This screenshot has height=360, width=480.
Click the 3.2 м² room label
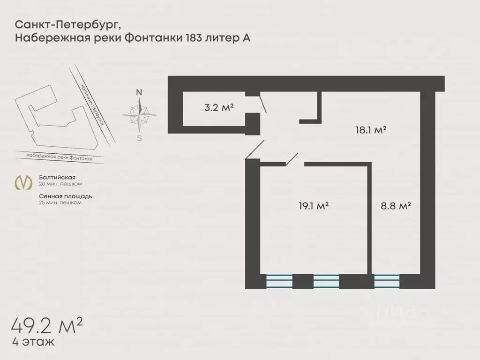[x=219, y=107]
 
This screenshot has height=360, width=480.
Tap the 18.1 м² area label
[x=370, y=130]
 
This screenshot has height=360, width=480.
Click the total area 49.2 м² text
[x=47, y=324]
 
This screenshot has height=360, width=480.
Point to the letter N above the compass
[x=139, y=92]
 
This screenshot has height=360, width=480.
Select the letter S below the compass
[x=139, y=138]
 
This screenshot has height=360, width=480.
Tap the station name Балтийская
[x=57, y=178]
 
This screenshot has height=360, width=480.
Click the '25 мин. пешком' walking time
[x=60, y=202]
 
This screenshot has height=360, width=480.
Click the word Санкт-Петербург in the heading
[x=70, y=24]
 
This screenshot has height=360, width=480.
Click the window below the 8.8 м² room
[x=387, y=281]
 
